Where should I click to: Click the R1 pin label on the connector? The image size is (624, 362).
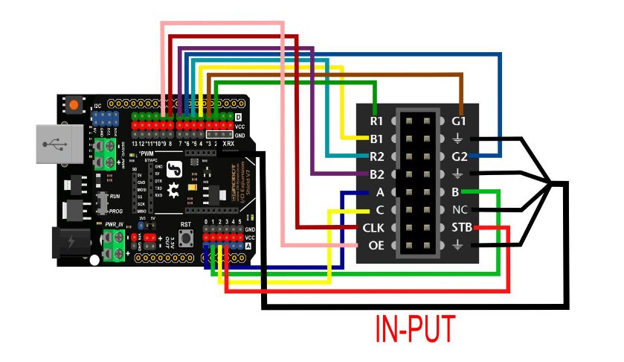[376, 121]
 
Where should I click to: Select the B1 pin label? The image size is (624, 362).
[376, 139]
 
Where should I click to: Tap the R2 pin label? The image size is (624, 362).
[376, 156]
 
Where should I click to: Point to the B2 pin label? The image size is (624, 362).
[376, 175]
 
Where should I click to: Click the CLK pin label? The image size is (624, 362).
[373, 228]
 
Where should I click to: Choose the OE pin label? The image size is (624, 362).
[376, 245]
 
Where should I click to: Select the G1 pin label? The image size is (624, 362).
[459, 121]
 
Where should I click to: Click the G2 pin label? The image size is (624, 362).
[459, 156]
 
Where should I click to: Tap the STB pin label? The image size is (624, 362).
[462, 228]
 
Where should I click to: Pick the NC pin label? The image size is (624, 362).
[460, 210]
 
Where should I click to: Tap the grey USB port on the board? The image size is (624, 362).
[57, 145]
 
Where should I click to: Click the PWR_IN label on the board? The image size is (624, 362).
[115, 223]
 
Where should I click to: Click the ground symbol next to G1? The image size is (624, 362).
[459, 139]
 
